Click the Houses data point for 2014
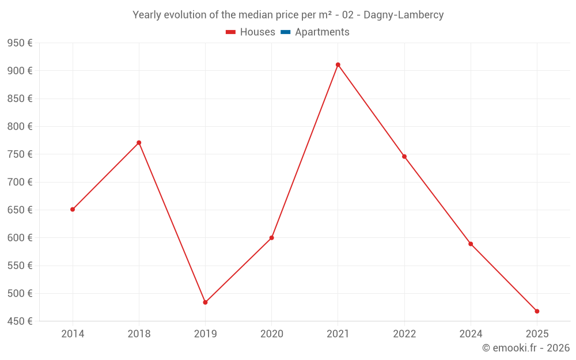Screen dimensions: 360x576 (x=73, y=209)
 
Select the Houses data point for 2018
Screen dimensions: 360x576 (x=139, y=142)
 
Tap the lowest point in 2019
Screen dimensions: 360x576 (x=205, y=302)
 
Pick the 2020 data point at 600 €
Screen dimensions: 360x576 (x=271, y=237)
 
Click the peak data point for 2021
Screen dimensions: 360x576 (x=338, y=65)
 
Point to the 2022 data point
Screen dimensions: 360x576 (x=404, y=156)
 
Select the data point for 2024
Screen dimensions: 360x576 (x=471, y=244)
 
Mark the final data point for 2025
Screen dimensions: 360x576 (x=537, y=311)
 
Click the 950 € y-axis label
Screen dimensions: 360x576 (x=20, y=43)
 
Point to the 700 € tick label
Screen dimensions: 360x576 (x=20, y=182)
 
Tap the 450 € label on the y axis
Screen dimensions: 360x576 (x=20, y=321)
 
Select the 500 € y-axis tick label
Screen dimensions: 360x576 (x=20, y=293)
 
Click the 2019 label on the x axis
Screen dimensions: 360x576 (x=205, y=334)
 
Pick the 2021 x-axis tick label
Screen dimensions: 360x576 (x=338, y=334)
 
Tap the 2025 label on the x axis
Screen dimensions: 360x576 (x=537, y=334)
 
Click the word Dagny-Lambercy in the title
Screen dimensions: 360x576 (x=403, y=15)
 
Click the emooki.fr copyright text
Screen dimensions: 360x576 (x=526, y=348)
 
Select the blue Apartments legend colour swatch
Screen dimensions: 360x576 (x=285, y=32)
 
